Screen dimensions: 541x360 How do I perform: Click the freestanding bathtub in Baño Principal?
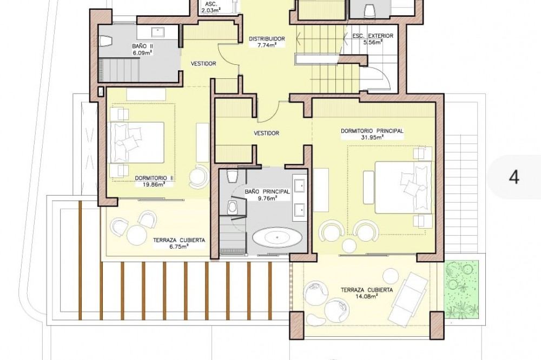(x=278, y=237)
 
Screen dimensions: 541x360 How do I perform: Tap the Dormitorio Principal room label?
(x=372, y=131)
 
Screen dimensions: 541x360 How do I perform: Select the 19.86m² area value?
(x=154, y=184)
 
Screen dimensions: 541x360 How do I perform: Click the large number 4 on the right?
(x=514, y=177)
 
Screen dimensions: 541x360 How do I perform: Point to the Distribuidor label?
(x=267, y=39)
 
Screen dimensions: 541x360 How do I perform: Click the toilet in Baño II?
(x=105, y=42)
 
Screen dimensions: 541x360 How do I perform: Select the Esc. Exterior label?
(x=373, y=36)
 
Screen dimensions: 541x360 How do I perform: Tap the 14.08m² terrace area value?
(x=367, y=296)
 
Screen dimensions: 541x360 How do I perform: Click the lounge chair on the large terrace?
(x=410, y=295)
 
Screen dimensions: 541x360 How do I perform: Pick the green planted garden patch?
(x=461, y=289)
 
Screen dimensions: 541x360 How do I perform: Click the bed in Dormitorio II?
(x=137, y=142)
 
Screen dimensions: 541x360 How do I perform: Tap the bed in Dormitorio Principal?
(x=403, y=187)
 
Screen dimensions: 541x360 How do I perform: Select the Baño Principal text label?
(x=267, y=192)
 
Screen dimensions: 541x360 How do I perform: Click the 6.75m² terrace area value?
(x=179, y=246)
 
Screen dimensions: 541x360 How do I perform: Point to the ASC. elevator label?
(x=211, y=4)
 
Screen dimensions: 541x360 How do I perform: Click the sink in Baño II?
(x=159, y=32)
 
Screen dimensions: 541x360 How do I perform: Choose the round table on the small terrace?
(x=137, y=235)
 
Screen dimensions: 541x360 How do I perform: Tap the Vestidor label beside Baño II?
(x=203, y=63)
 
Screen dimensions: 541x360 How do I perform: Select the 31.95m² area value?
(x=372, y=137)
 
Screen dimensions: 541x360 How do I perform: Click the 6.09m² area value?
(x=142, y=52)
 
